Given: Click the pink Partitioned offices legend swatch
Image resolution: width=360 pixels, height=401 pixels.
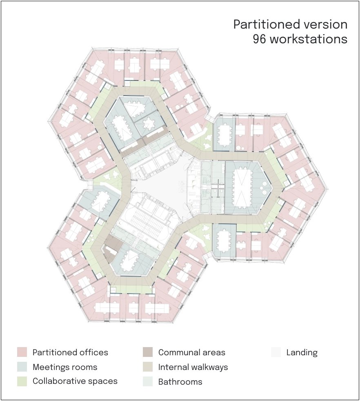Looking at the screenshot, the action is click(x=22, y=352).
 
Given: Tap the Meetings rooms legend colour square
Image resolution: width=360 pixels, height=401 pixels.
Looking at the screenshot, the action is click(x=22, y=367).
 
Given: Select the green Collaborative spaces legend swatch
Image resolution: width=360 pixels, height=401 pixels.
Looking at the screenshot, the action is click(x=22, y=381).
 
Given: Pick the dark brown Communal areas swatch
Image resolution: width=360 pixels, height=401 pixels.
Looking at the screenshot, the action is click(x=148, y=352).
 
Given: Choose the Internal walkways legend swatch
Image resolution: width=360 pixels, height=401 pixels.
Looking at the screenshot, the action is click(x=148, y=367).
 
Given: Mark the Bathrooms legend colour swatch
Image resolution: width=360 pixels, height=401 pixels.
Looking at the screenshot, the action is click(x=148, y=381).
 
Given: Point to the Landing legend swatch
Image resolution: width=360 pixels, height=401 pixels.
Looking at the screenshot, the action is click(x=276, y=352).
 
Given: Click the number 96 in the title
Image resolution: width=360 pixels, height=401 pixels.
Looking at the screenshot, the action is click(x=260, y=39).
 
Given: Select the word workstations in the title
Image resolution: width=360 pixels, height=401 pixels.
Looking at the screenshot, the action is click(x=309, y=39).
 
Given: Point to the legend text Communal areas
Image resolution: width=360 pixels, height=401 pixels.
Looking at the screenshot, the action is click(x=192, y=352).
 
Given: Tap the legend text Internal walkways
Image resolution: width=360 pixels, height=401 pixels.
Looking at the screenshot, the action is click(x=193, y=367).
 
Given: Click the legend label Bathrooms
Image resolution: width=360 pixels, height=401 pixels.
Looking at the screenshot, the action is click(x=180, y=381).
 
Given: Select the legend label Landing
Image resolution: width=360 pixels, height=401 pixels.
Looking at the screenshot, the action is click(x=302, y=353).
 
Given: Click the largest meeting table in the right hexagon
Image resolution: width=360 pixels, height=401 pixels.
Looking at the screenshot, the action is click(x=242, y=188).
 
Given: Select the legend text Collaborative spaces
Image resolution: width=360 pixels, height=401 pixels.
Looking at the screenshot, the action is click(x=75, y=381).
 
